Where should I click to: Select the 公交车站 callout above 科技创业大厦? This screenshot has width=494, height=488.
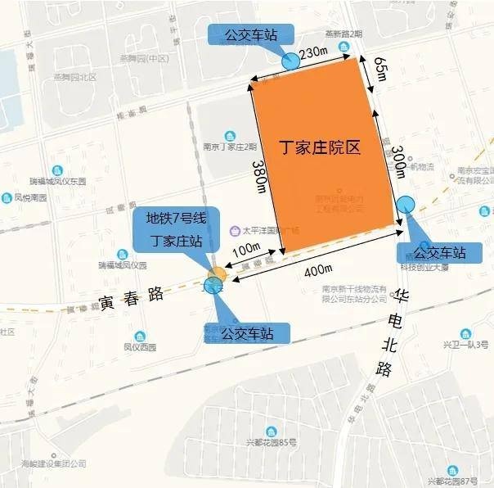(435, 251)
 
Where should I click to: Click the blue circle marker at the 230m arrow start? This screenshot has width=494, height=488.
(290, 61)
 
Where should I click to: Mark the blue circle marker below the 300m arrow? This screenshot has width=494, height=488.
(406, 204)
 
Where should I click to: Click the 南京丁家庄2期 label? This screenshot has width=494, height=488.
(231, 147)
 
